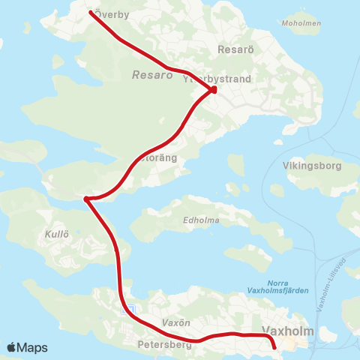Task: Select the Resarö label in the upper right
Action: (231, 49)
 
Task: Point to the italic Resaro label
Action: (146, 75)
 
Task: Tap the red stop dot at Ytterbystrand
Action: (213, 90)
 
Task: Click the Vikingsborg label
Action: (307, 165)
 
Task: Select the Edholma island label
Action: (199, 220)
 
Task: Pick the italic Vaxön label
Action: (173, 322)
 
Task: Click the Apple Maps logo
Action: (27, 347)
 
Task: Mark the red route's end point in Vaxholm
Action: (274, 346)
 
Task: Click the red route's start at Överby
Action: (91, 13)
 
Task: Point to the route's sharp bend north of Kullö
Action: (87, 199)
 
